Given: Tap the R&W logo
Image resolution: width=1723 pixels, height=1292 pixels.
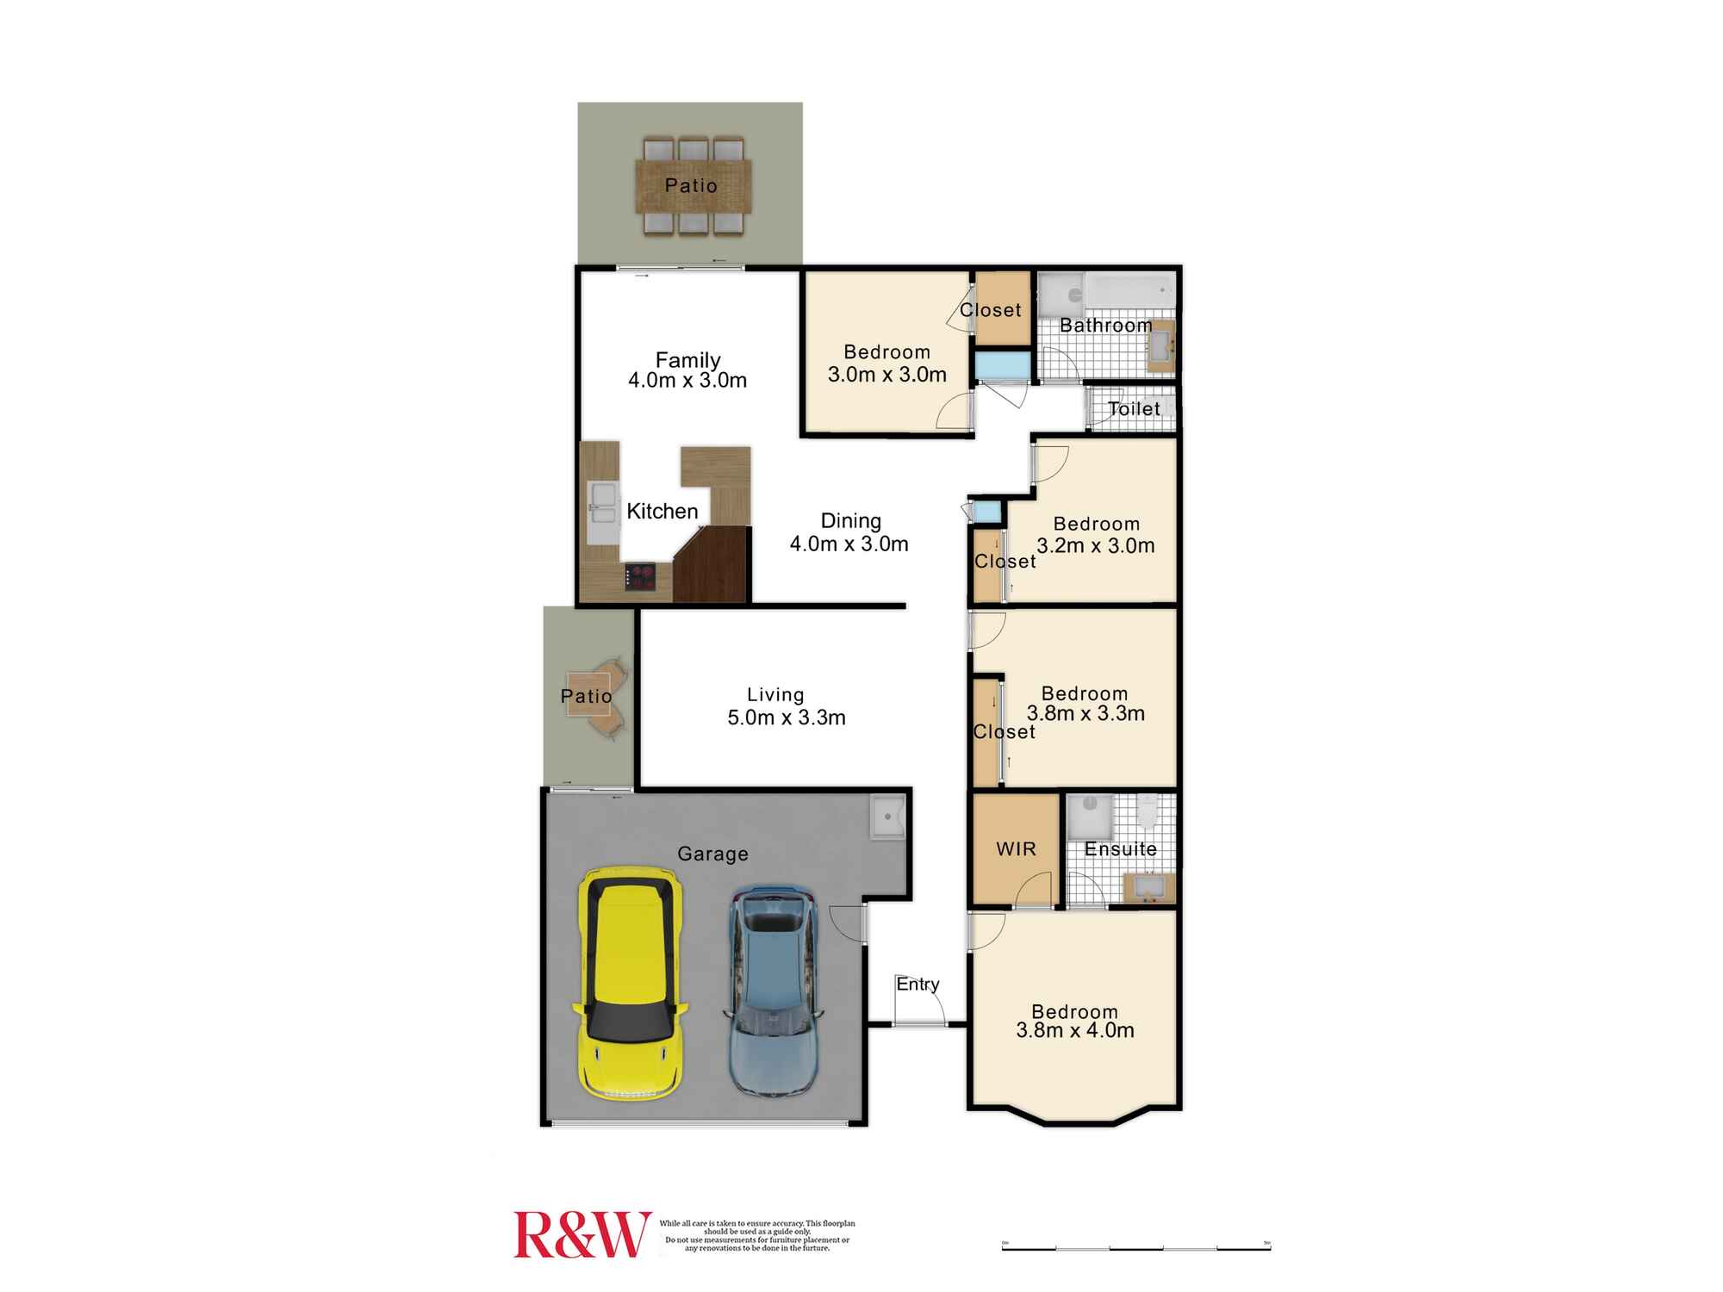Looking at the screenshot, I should coord(582,1234).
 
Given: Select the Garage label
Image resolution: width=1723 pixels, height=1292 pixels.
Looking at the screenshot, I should coord(712,854).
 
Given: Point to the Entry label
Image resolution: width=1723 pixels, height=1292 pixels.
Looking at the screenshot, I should coord(917,984).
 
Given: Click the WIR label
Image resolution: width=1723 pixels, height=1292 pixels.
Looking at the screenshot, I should coord(1016,849).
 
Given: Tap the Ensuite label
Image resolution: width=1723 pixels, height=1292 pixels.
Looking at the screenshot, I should coord(1120,849).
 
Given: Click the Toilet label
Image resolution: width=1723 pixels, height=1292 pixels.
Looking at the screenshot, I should coord(1134,409).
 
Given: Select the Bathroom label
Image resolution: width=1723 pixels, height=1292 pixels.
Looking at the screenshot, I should coord(1105,326).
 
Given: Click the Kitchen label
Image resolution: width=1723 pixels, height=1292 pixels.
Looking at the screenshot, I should coord(662,512).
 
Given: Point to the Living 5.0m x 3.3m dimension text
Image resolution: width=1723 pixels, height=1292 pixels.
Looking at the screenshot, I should coord(786,717).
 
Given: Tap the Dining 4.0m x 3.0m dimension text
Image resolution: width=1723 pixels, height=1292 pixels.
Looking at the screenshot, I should coord(849,544).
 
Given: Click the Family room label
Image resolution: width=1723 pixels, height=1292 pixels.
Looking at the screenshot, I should coord(687,360).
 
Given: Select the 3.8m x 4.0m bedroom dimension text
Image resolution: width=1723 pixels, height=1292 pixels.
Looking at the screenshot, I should coord(1074,1030).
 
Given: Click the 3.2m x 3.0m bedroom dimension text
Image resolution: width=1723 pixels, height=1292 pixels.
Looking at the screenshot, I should coord(1095,545).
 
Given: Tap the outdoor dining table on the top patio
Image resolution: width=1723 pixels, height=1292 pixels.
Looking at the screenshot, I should coord(693,186).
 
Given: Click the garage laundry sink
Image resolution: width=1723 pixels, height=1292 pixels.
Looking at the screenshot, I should coord(887,817).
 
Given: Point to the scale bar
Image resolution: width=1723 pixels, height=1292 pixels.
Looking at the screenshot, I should coord(1135,1247).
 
